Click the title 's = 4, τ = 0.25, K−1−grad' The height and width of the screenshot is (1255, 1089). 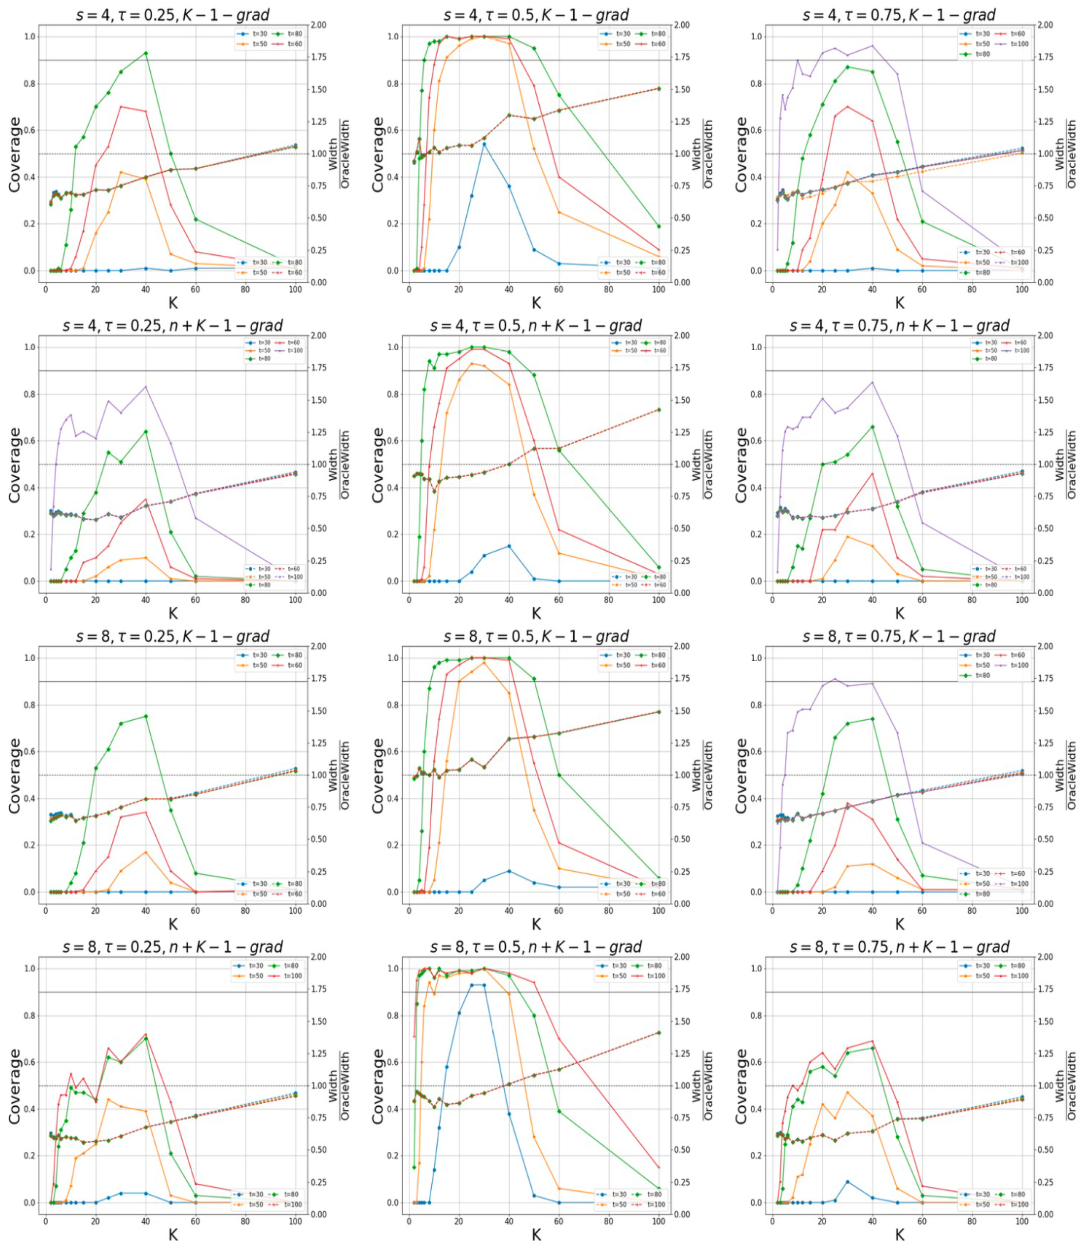pyautogui.click(x=173, y=15)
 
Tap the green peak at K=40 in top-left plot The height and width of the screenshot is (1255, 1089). pyautogui.click(x=145, y=53)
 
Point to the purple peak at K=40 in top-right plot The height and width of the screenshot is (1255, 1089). pyautogui.click(x=872, y=45)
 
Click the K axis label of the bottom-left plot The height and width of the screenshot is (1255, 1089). pyautogui.click(x=173, y=1234)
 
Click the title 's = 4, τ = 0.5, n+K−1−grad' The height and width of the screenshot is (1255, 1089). pyautogui.click(x=536, y=326)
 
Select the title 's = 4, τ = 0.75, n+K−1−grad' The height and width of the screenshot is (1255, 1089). pyautogui.click(x=899, y=326)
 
